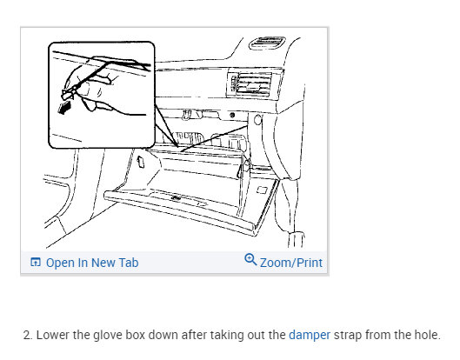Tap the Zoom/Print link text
point(291,263)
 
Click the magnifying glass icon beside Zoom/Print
point(250,260)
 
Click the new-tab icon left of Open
point(36,262)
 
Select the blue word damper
point(310,335)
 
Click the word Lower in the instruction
point(52,335)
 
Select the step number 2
point(27,335)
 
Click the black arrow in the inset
point(65,107)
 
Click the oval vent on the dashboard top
point(267,43)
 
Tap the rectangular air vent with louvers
point(250,83)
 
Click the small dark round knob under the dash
point(232,116)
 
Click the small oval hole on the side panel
point(257,120)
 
